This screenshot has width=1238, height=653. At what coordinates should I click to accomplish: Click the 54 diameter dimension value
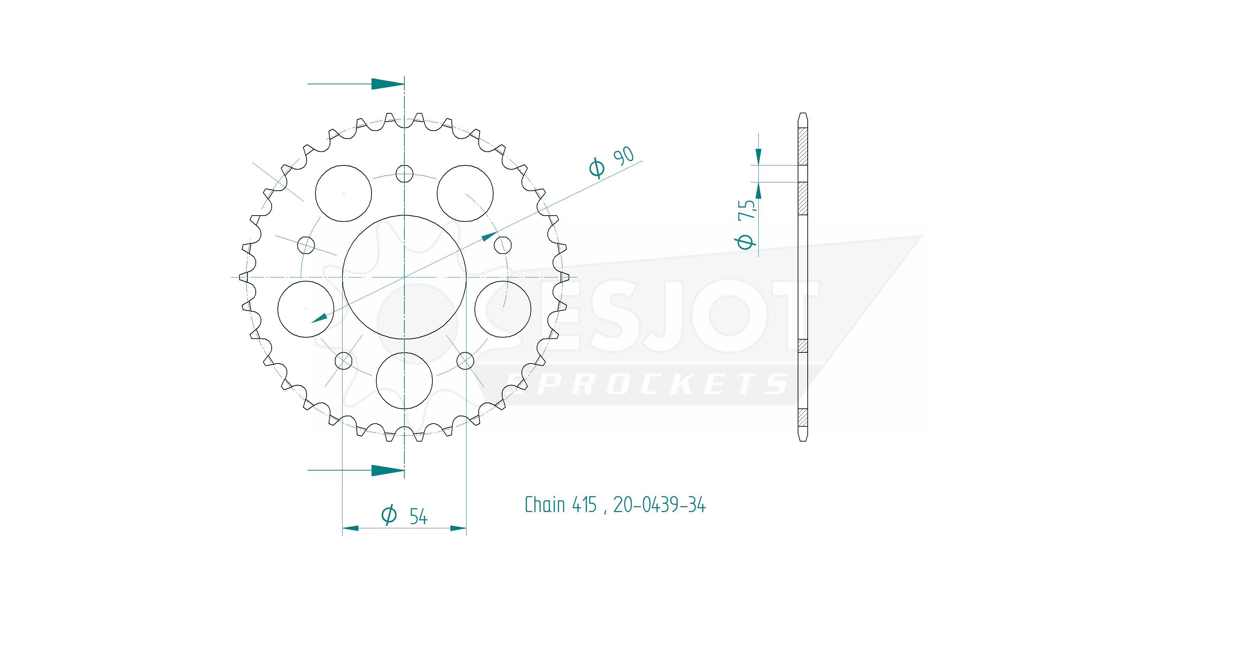click(419, 517)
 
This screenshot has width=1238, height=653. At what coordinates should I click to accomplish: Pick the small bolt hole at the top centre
click(404, 173)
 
